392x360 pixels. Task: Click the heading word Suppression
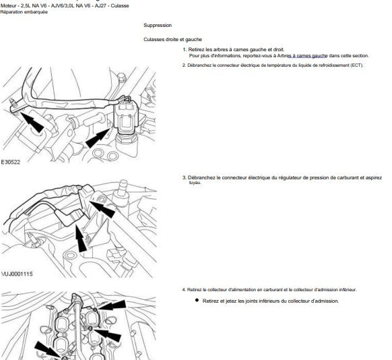(158, 25)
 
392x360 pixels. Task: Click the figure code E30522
(11, 162)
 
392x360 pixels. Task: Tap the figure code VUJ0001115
(17, 274)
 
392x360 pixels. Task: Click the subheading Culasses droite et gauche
(172, 40)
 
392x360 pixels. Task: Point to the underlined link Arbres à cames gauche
(302, 56)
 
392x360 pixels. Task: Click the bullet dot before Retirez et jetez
(197, 300)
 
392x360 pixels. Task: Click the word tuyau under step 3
(195, 183)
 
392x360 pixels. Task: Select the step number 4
(185, 290)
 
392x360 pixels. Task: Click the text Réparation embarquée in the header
(24, 12)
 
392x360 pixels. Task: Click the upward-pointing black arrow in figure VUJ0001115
(81, 238)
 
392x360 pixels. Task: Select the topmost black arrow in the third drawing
(112, 305)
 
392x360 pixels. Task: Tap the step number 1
(185, 49)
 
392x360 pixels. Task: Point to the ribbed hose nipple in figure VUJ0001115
(123, 188)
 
